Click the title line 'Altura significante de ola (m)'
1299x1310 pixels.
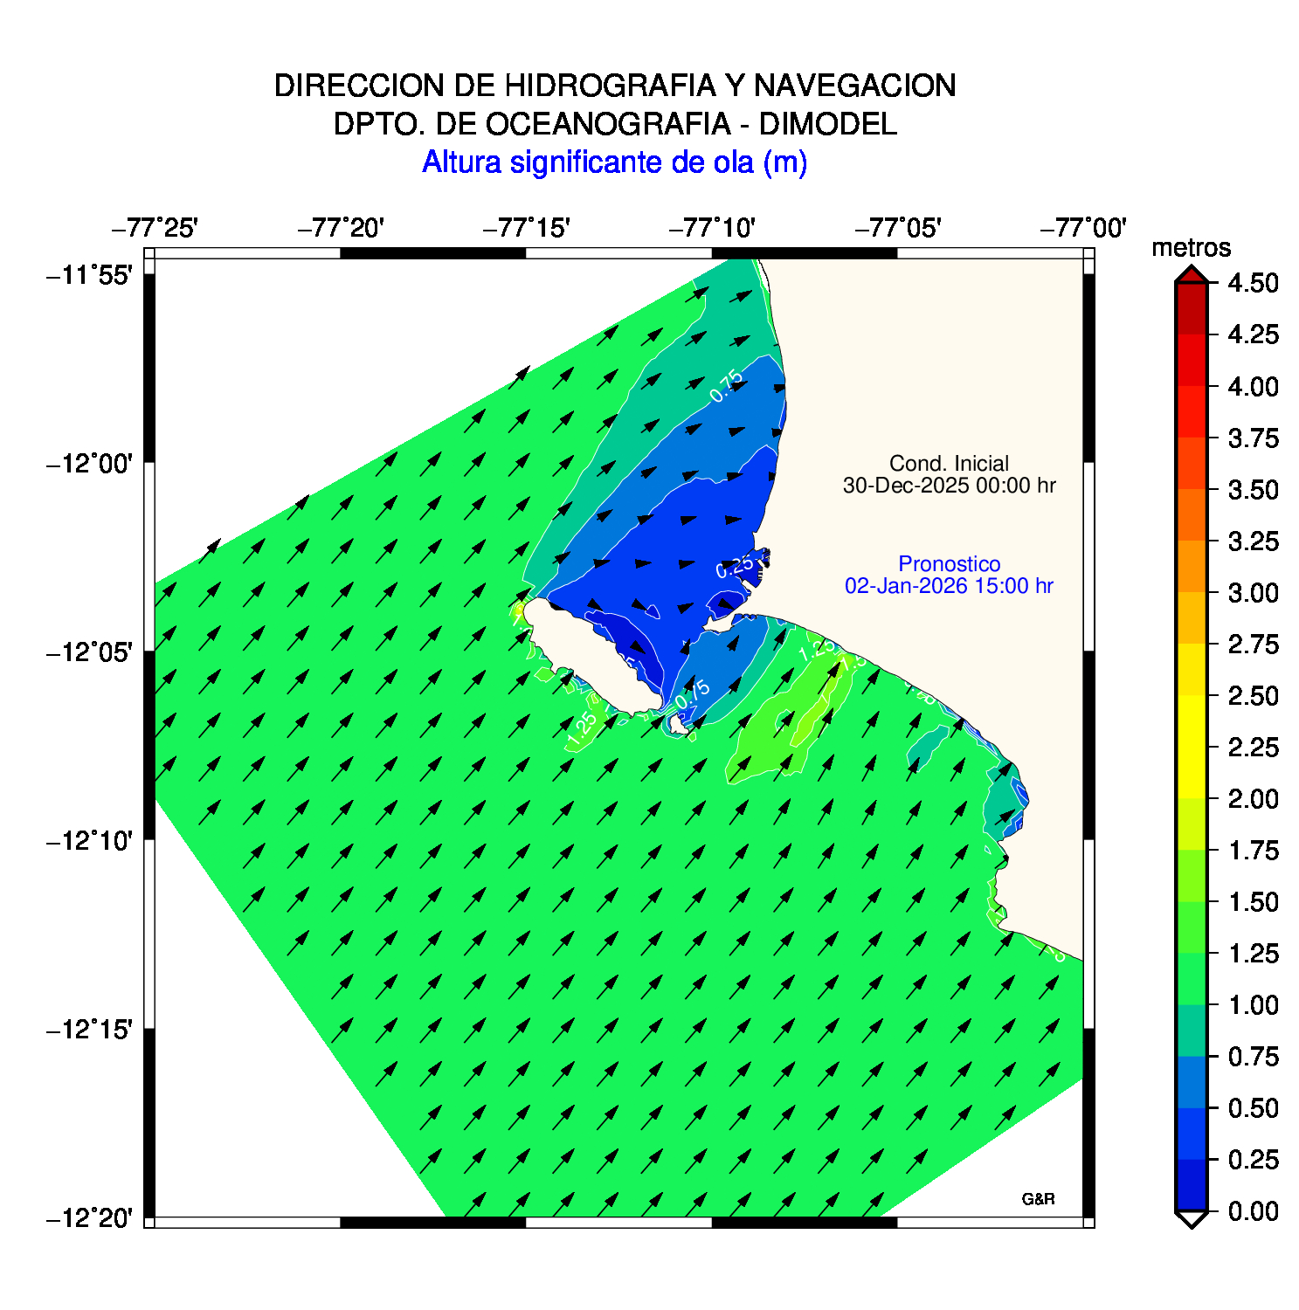point(614,162)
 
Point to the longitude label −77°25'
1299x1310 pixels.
point(155,228)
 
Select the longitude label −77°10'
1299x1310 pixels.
point(712,228)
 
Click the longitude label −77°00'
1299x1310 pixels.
point(1083,228)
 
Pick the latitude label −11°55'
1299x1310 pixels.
point(89,276)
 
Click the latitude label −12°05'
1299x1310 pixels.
point(89,652)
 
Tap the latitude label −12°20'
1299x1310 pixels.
point(89,1217)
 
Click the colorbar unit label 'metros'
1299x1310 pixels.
point(1191,248)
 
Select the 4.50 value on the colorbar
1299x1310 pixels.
point(1253,283)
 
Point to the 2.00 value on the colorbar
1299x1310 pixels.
point(1253,799)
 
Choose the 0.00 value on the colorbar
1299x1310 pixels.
point(1253,1211)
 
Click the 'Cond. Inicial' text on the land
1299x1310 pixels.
point(949,464)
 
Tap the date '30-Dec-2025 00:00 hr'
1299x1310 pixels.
point(949,486)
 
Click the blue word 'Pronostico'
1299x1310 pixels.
point(949,564)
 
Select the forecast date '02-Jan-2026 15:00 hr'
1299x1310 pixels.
point(949,586)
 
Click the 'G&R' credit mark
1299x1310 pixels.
point(1038,1200)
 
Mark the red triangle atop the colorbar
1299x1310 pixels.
point(1191,275)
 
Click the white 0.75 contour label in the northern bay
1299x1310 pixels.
point(727,386)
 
